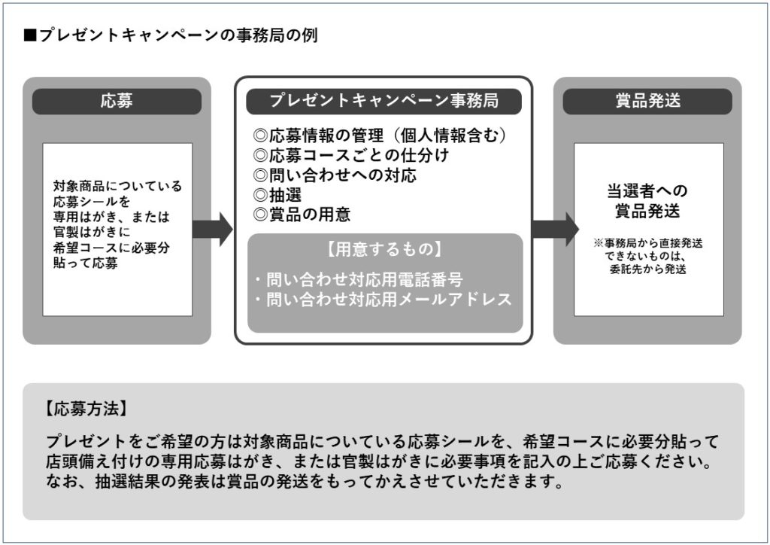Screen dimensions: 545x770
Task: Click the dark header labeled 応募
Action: click(117, 101)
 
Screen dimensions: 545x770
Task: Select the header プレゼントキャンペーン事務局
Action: click(383, 100)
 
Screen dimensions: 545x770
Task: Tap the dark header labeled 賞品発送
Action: click(647, 101)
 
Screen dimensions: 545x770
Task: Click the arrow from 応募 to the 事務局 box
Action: click(213, 229)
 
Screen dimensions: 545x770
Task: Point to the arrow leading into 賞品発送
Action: click(555, 229)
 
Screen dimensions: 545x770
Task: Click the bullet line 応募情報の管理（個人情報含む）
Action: click(380, 135)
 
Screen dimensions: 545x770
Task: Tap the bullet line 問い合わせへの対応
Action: click(335, 175)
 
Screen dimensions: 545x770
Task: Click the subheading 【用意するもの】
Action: click(384, 248)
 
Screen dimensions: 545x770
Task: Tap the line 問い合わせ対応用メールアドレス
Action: click(383, 300)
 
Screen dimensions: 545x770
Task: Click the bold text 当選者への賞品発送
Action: click(647, 201)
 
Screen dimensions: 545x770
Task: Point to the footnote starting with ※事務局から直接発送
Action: click(647, 256)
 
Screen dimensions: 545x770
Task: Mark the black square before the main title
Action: click(30, 35)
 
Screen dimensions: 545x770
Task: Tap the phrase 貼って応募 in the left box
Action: click(86, 264)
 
